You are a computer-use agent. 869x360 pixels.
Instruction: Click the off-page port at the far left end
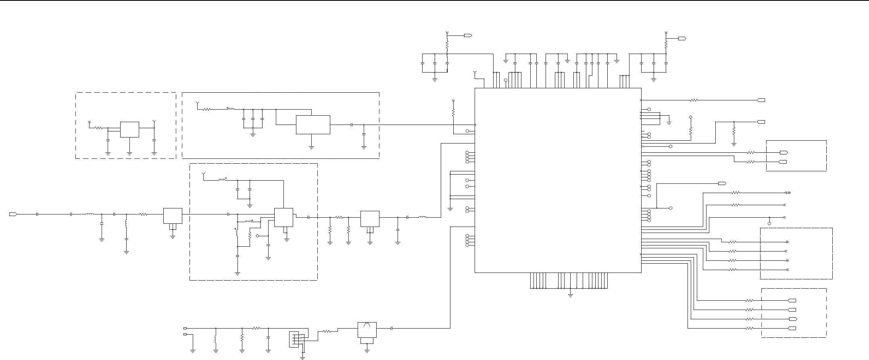[x=13, y=214]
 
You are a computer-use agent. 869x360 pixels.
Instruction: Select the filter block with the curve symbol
[x=367, y=330]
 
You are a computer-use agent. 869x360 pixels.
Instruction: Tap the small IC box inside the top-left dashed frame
[x=130, y=129]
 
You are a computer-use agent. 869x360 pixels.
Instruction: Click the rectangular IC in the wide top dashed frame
[x=313, y=125]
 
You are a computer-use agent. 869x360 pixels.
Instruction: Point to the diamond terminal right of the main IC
[x=691, y=117]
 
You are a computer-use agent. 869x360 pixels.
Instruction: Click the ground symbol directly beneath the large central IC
[x=571, y=295]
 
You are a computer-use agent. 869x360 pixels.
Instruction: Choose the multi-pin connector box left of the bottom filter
[x=294, y=339]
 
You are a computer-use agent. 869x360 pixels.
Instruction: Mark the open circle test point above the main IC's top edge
[x=506, y=80]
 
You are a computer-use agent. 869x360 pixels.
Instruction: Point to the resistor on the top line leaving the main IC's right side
[x=694, y=100]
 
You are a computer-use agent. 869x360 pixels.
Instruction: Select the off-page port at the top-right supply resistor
[x=682, y=38]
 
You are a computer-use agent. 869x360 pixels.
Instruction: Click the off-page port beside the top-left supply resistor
[x=468, y=36]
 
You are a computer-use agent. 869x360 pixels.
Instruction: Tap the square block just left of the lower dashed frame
[x=173, y=216]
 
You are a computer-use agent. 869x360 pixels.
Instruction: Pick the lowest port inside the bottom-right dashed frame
[x=792, y=329]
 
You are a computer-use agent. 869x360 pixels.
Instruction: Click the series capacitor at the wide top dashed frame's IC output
[x=352, y=125]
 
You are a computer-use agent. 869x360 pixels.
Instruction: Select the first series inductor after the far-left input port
[x=90, y=214]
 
